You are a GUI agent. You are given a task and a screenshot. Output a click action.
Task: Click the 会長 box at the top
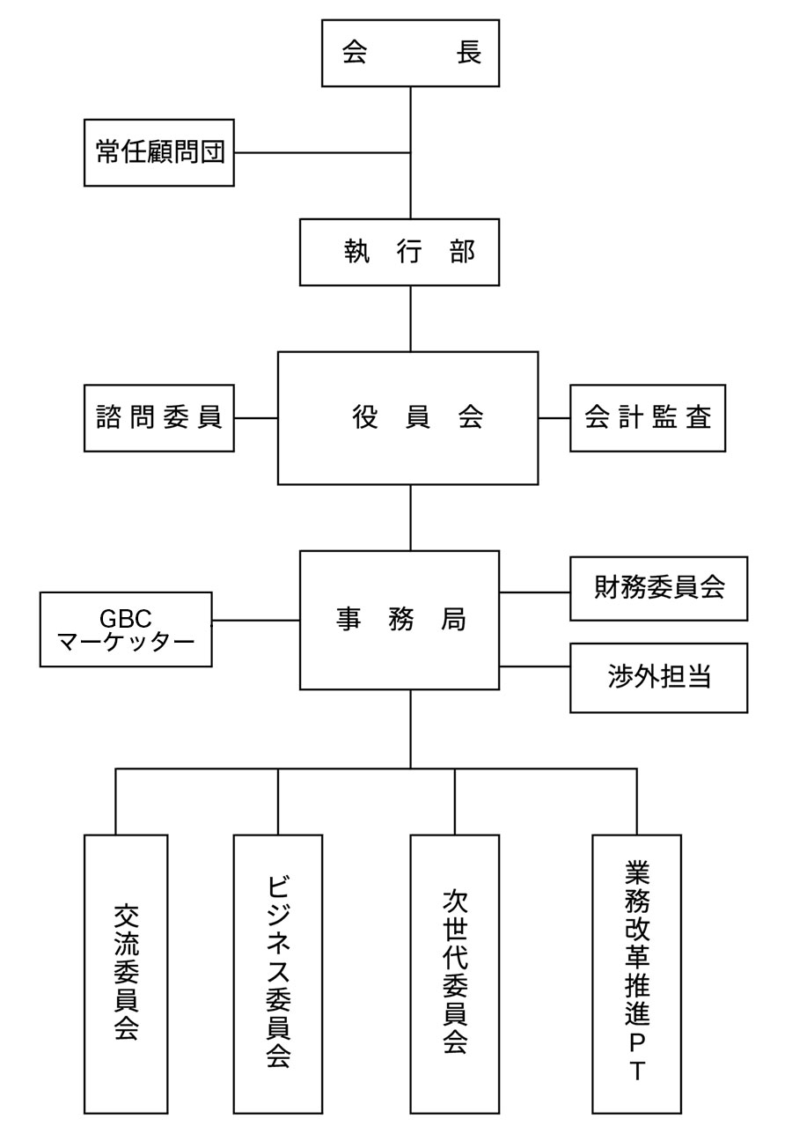(x=410, y=53)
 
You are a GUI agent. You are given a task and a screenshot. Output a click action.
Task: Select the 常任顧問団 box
(x=159, y=153)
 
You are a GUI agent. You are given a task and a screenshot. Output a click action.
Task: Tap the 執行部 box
(x=400, y=253)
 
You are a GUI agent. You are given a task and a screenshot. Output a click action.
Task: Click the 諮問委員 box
(x=159, y=418)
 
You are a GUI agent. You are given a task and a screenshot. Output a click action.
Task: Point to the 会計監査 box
(x=648, y=418)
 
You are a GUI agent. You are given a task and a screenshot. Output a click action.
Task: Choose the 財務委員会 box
(x=658, y=588)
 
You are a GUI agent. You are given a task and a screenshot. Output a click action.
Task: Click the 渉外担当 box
(x=658, y=677)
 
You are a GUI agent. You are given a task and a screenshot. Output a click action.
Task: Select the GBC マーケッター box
(x=126, y=629)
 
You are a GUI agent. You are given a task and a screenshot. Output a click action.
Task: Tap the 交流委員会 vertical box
(x=126, y=974)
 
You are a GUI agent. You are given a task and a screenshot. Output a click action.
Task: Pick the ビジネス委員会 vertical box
(x=278, y=974)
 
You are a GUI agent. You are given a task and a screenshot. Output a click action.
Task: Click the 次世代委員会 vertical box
(x=455, y=974)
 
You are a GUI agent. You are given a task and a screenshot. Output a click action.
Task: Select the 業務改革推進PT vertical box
(x=636, y=974)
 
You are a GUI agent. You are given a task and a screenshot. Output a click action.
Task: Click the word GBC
(x=126, y=618)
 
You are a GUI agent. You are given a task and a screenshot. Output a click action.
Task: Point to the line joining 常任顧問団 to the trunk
(x=322, y=153)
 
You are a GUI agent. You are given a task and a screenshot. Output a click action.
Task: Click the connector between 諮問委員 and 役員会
(x=256, y=418)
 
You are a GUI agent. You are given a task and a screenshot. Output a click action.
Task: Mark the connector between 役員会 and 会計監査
(x=554, y=418)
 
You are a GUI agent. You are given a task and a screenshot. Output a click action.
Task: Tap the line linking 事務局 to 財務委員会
(x=534, y=592)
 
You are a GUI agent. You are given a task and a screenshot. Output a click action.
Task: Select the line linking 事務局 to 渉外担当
(x=534, y=666)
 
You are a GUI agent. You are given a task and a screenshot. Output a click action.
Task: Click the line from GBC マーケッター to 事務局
(x=255, y=621)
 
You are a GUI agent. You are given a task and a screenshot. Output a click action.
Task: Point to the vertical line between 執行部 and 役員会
(x=411, y=319)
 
